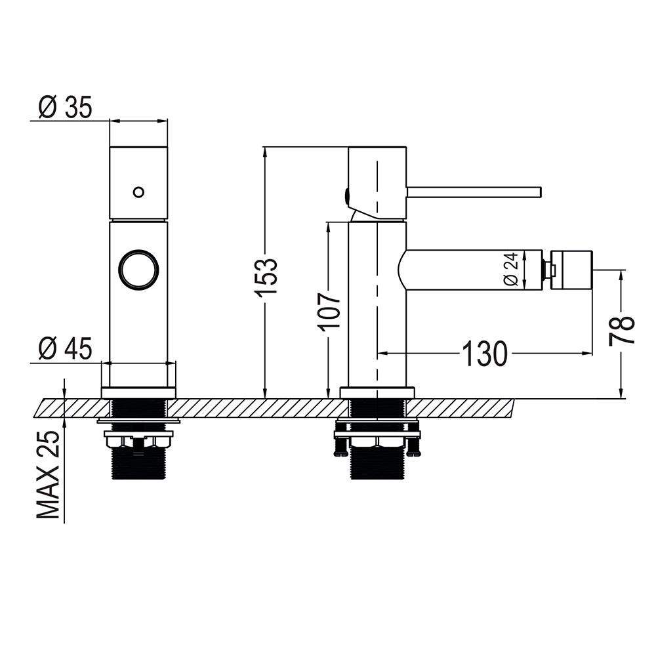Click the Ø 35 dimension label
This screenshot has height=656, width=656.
click(64, 107)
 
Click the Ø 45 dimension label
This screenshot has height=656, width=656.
click(64, 348)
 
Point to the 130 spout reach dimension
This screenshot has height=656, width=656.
click(485, 354)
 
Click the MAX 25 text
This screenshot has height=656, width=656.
click(49, 476)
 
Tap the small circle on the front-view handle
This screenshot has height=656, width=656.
click(138, 192)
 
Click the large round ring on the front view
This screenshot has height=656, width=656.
click(139, 270)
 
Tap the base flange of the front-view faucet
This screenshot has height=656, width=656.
click(138, 392)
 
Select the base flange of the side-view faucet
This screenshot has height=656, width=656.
click(377, 392)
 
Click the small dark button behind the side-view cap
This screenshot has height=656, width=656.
click(345, 195)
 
